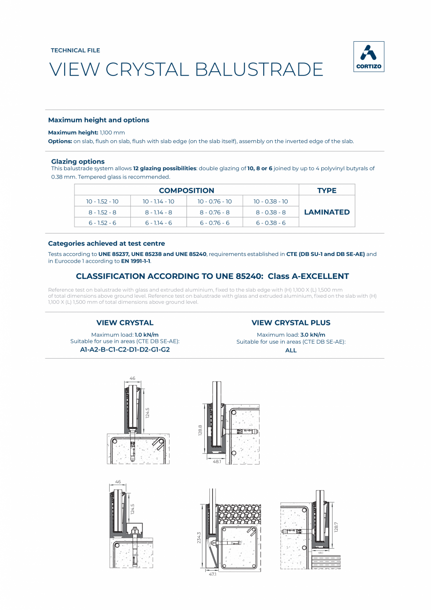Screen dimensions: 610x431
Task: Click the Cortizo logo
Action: (368, 57)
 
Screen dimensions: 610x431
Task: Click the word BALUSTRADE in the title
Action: (259, 69)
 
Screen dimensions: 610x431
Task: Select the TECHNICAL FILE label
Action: (75, 50)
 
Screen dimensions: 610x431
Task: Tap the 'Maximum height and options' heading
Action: (98, 120)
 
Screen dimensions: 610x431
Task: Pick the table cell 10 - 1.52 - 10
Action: (102, 201)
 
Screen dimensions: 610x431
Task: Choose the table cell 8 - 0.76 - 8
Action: (215, 212)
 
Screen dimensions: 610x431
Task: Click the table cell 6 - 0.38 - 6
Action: (271, 223)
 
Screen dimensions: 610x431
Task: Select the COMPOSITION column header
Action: (186, 190)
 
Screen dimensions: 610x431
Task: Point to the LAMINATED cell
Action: (327, 212)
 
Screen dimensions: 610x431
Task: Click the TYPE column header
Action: (327, 190)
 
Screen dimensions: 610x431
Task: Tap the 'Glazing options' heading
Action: (78, 161)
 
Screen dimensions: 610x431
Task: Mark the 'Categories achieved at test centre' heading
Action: (106, 243)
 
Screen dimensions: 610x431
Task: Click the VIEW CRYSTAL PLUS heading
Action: (291, 323)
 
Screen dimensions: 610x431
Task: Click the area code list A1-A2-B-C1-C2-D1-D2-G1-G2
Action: (125, 350)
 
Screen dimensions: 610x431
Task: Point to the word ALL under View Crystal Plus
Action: (291, 350)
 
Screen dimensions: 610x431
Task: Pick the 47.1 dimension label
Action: (213, 574)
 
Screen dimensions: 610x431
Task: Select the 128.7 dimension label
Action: (335, 527)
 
